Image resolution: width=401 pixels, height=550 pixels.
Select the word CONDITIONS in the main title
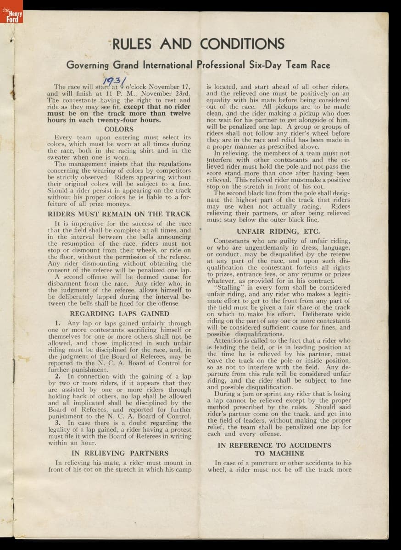pyautogui.click(x=242, y=44)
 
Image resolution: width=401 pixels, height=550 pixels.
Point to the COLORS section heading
pyautogui.click(x=119, y=129)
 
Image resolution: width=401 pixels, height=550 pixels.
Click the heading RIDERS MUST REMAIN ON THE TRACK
pyautogui.click(x=119, y=214)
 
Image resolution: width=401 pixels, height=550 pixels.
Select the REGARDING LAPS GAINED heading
pyautogui.click(x=119, y=314)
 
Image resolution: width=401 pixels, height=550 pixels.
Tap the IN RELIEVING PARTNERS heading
pyautogui.click(x=120, y=453)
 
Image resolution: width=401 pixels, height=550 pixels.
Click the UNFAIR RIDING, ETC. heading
pyautogui.click(x=278, y=231)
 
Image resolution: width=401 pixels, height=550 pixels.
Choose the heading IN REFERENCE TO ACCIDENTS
pyautogui.click(x=274, y=445)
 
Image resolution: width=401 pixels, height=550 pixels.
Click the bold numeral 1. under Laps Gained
pyautogui.click(x=58, y=323)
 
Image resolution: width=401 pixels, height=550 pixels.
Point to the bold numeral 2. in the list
pyautogui.click(x=58, y=376)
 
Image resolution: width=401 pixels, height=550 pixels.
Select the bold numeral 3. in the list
pyautogui.click(x=58, y=423)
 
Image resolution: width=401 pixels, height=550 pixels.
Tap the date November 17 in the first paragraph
pyautogui.click(x=170, y=87)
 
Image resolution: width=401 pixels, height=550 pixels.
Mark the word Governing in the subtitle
pyautogui.click(x=88, y=65)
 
